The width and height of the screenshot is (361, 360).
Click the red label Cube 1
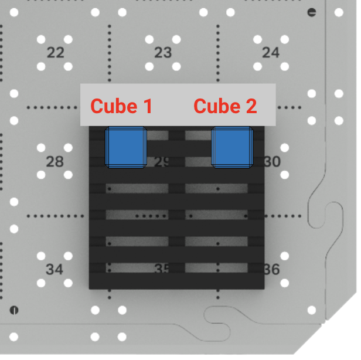pyautogui.click(x=121, y=106)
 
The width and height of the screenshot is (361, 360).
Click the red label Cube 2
pyautogui.click(x=225, y=106)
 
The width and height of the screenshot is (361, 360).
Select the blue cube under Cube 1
pyautogui.click(x=125, y=147)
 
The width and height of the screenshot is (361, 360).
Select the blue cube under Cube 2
pyautogui.click(x=231, y=147)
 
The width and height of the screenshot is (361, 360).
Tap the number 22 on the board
pyautogui.click(x=55, y=53)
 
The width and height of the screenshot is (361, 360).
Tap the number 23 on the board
pyautogui.click(x=163, y=53)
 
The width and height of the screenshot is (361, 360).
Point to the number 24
pyautogui.click(x=271, y=53)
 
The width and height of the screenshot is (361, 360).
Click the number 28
pyautogui.click(x=55, y=161)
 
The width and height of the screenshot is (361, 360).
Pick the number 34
pyautogui.click(x=55, y=270)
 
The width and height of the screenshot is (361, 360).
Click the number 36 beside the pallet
pyautogui.click(x=272, y=270)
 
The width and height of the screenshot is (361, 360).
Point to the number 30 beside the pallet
pyautogui.click(x=273, y=161)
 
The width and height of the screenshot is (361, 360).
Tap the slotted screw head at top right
pyautogui.click(x=312, y=12)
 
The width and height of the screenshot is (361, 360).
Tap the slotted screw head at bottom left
pyautogui.click(x=14, y=310)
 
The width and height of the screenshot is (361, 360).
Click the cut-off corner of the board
pyautogui.click(x=340, y=340)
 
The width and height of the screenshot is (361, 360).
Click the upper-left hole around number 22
pyautogui.click(x=42, y=39)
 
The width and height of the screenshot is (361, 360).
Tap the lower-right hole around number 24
pyautogui.click(x=285, y=66)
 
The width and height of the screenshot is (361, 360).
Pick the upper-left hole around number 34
pyautogui.click(x=42, y=256)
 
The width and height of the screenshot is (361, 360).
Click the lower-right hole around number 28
pyautogui.click(x=69, y=175)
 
